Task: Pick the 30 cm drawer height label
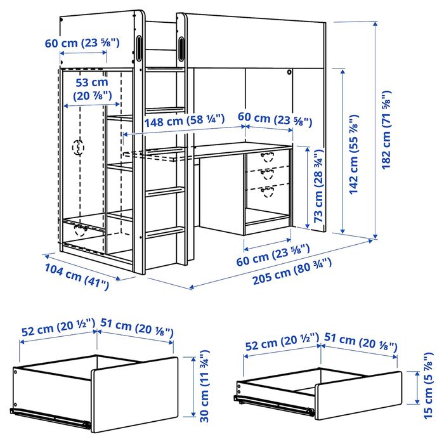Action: pyautogui.click(x=204, y=386)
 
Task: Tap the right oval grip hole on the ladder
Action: pyautogui.click(x=182, y=47)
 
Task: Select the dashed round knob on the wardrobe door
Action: pyautogui.click(x=79, y=147)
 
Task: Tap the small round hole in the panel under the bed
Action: pyautogui.click(x=289, y=72)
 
